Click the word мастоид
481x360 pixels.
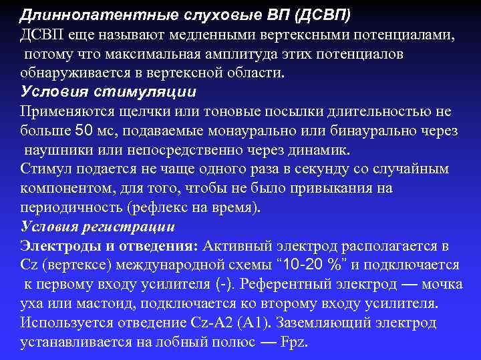(96, 304)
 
